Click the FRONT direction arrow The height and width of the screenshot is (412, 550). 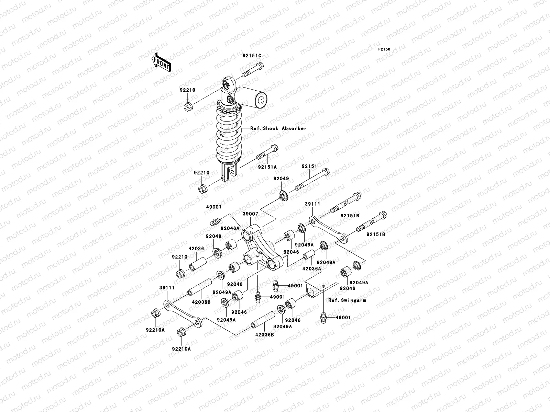click(161, 62)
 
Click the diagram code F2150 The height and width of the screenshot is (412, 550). click(384, 49)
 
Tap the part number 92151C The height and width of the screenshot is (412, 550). click(252, 56)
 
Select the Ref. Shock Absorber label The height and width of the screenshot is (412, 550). click(278, 128)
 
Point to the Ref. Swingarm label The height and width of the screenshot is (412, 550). click(347, 300)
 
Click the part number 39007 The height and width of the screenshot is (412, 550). click(250, 214)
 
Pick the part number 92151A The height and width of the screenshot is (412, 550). click(267, 167)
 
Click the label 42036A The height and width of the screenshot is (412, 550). click(311, 269)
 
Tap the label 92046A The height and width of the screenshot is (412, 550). click(230, 228)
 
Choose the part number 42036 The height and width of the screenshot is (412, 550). click(196, 249)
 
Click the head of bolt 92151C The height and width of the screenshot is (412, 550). click(260, 66)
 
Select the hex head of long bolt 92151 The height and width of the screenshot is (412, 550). click(325, 172)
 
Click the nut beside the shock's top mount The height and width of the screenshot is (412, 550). click(188, 107)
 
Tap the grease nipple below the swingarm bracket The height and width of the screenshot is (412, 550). click(323, 318)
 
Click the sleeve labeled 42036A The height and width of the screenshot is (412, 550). click(309, 255)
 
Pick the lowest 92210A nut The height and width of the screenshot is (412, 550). click(181, 332)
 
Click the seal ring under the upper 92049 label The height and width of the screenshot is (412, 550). click(284, 195)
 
